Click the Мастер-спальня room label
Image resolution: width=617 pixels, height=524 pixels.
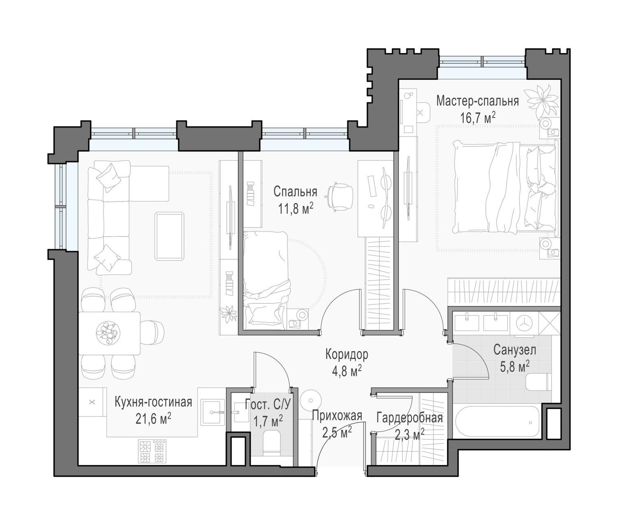tap(477, 101)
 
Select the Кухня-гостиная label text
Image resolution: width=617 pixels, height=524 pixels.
tap(153, 403)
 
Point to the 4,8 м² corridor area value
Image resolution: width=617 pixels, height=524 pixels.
tap(347, 371)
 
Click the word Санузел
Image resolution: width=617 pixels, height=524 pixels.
tap(515, 350)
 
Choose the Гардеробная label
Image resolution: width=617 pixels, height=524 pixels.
tap(410, 418)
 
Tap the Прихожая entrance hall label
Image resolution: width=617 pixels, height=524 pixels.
tap(337, 415)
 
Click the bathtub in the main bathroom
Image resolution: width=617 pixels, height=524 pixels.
tap(497, 422)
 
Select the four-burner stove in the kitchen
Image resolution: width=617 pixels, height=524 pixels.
tap(152, 451)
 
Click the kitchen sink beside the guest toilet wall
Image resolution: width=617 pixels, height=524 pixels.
tap(213, 413)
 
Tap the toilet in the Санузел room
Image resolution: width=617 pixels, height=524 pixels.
tap(538, 382)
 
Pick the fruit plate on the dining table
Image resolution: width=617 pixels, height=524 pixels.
tap(108, 333)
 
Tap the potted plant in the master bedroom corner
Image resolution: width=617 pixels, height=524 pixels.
tap(541, 101)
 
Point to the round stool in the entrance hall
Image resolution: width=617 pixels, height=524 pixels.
tap(311, 400)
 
